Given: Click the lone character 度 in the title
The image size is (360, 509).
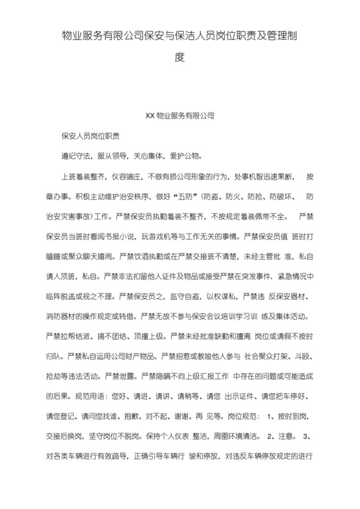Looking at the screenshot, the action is pos(180,57).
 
